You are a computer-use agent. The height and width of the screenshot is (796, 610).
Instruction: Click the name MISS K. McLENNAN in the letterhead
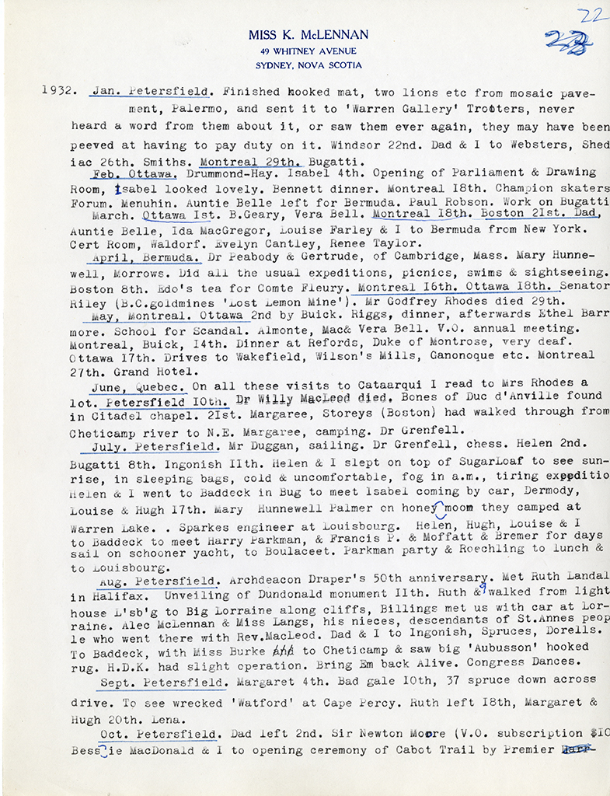308,35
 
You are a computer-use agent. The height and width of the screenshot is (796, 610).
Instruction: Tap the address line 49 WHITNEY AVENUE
308,51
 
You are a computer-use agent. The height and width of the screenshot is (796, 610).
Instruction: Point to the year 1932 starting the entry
58,90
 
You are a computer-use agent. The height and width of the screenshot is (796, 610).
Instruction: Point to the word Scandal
191,329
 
